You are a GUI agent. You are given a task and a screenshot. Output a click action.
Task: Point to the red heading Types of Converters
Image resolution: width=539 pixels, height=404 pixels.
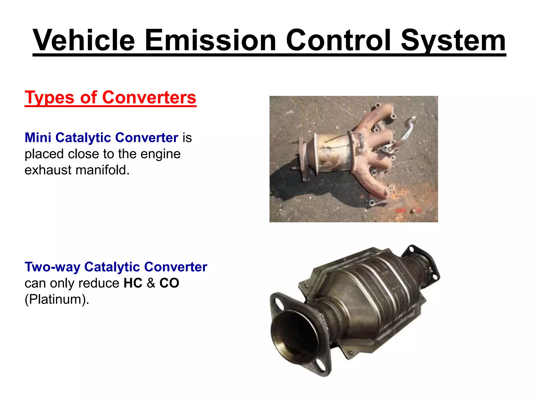click(110, 98)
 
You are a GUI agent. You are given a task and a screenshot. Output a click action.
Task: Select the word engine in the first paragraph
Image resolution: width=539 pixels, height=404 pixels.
click(160, 154)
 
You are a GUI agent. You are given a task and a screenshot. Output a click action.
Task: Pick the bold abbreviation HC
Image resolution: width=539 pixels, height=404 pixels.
click(133, 283)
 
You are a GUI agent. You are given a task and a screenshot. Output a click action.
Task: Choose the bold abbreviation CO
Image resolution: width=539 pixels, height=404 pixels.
click(169, 283)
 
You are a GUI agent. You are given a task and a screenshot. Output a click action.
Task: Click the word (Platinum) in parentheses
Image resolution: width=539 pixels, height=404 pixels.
click(57, 300)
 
